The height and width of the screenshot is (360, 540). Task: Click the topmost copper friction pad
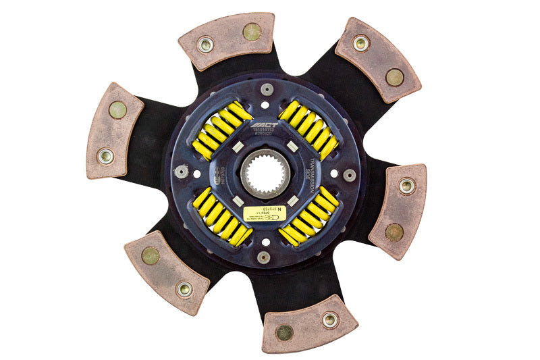[227, 40]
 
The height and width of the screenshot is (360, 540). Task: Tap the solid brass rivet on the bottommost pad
[285, 332]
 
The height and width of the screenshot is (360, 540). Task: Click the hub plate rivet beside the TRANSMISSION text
[349, 175]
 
